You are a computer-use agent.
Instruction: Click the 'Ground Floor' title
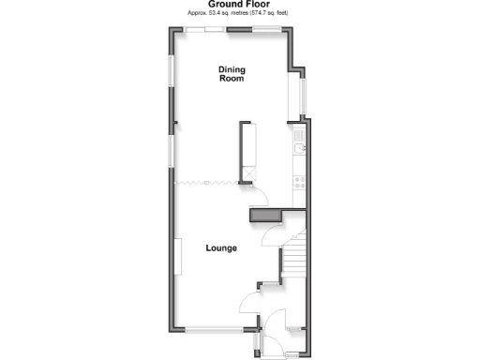click(x=239, y=5)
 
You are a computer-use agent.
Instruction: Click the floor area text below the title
click(x=239, y=15)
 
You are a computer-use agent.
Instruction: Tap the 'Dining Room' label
click(x=232, y=74)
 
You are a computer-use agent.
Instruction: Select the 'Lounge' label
click(x=221, y=248)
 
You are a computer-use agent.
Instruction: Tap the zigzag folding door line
click(x=207, y=182)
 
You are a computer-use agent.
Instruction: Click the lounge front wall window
click(x=212, y=331)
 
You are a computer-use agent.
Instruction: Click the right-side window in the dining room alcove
click(x=303, y=93)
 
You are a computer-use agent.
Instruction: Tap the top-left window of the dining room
click(x=203, y=30)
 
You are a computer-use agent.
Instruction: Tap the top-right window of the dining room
click(x=265, y=30)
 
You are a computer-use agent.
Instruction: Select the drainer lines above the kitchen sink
click(x=298, y=137)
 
